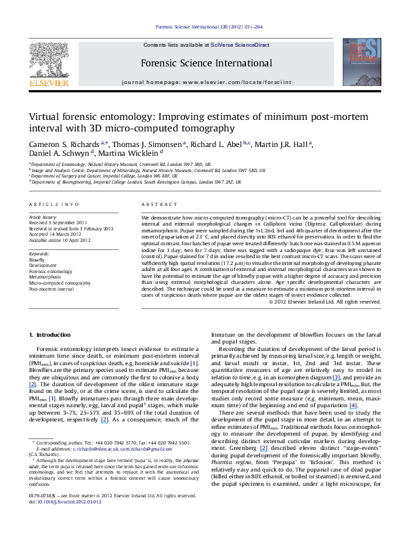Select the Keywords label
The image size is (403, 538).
tap(37, 253)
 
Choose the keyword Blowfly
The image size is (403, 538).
tap(37, 259)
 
